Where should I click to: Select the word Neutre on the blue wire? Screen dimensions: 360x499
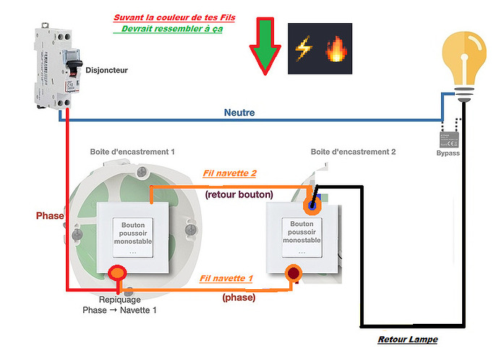(239, 113)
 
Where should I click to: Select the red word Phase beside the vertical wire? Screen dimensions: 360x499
(50, 215)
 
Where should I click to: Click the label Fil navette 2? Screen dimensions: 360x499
(231, 174)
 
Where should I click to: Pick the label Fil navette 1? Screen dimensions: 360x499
(226, 278)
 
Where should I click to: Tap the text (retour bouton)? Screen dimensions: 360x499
(239, 194)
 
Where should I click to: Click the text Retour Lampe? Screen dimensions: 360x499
(408, 340)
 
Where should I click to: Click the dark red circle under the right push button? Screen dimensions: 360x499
(294, 274)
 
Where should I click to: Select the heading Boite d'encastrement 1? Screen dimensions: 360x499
(133, 153)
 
